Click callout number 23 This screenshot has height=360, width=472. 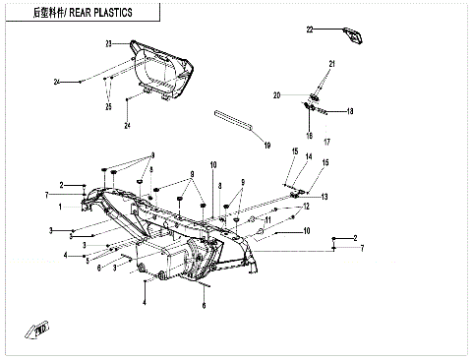tap(109, 43)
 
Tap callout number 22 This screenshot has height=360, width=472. tap(309, 30)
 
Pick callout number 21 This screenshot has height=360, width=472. tap(332, 64)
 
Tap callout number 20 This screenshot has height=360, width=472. tap(277, 95)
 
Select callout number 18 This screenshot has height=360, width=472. tap(349, 111)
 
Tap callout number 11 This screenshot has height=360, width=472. tap(266, 219)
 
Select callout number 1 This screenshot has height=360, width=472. tap(61, 208)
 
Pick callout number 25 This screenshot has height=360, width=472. tap(108, 106)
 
